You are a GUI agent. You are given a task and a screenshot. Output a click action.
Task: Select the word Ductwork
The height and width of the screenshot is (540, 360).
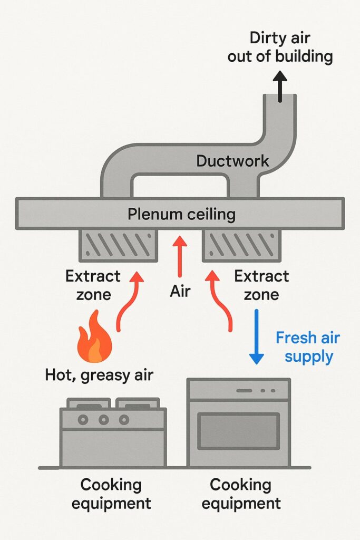(x=232, y=161)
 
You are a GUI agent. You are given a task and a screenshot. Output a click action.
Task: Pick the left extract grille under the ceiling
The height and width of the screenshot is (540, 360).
(x=119, y=245)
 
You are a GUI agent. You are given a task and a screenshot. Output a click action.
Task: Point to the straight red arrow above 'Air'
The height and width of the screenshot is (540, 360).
(x=180, y=256)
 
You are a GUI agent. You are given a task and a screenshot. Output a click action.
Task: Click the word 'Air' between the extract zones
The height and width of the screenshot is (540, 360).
(x=180, y=292)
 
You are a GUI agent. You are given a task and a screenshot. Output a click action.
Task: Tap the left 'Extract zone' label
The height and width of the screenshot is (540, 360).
(x=93, y=285)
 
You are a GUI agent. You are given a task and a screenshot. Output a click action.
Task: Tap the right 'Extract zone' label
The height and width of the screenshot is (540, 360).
(x=261, y=285)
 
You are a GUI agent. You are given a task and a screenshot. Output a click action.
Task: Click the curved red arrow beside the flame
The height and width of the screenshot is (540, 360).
(x=128, y=301)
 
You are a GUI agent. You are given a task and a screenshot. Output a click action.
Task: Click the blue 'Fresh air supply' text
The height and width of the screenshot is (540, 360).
(x=308, y=346)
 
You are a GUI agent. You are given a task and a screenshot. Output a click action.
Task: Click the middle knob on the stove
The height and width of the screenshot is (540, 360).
(x=104, y=420)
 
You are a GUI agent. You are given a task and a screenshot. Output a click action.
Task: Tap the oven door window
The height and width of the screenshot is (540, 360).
(x=238, y=430)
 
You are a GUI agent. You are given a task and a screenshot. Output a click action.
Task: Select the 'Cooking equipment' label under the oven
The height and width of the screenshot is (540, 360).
(x=241, y=493)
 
